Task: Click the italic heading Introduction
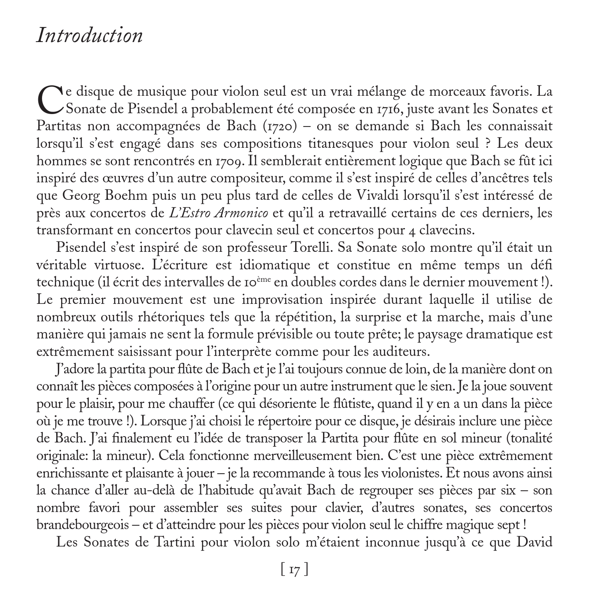click(x=89, y=35)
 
